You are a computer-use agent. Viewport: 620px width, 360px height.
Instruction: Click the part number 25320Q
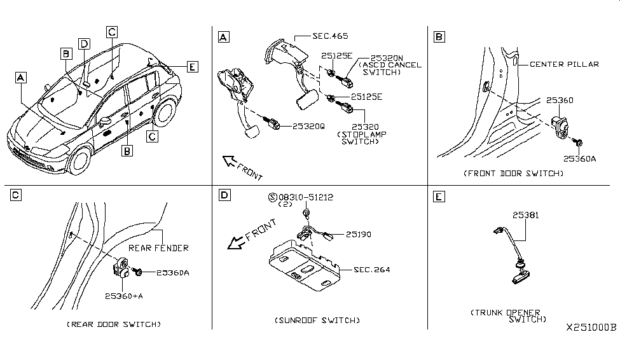click(x=308, y=127)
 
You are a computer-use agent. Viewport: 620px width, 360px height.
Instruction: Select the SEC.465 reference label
click(x=330, y=36)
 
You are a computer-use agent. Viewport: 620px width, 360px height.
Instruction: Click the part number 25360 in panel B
click(x=559, y=100)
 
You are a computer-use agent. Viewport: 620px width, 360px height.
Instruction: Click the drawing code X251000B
click(x=591, y=328)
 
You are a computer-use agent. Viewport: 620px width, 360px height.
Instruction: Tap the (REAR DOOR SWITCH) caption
click(x=114, y=324)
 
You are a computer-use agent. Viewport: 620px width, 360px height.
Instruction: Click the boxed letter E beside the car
click(x=193, y=66)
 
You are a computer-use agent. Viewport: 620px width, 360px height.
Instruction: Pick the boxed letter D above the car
click(x=85, y=43)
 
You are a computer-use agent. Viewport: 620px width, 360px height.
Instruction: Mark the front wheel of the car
click(x=79, y=161)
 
